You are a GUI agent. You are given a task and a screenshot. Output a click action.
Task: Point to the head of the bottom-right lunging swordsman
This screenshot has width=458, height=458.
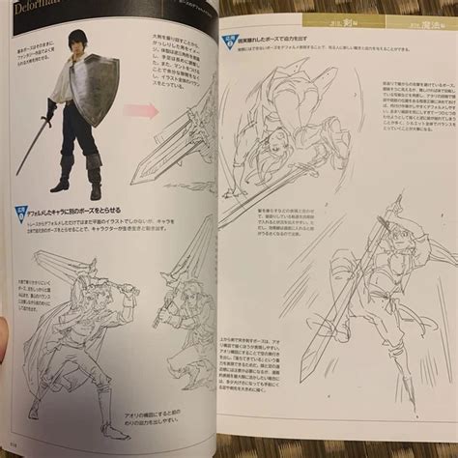[383, 300]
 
